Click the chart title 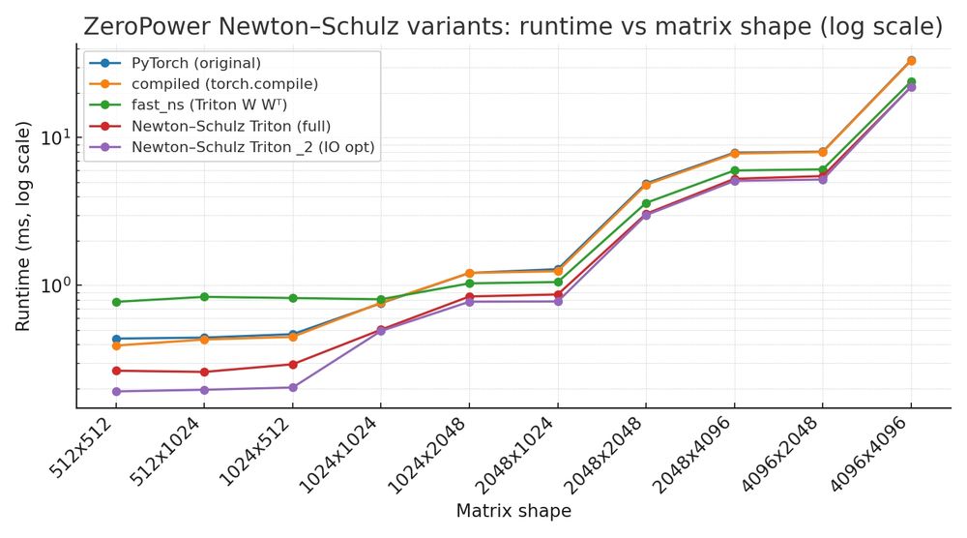point(513,26)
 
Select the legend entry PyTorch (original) point(195,64)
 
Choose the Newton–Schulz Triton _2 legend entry point(252,147)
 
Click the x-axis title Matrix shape point(513,511)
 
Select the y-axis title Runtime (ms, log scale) point(23,228)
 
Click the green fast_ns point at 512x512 point(116,302)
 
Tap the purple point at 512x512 point(116,392)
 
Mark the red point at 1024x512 point(293,365)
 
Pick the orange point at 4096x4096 point(911,61)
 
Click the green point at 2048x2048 point(646,203)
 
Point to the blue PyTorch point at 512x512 point(116,339)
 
